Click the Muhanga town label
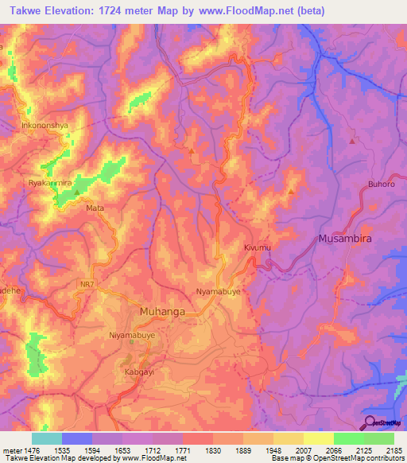[x=162, y=312]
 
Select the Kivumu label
[x=258, y=249]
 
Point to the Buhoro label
[x=381, y=185]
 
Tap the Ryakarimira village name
[x=50, y=182]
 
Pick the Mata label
[x=95, y=208]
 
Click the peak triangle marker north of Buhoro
[x=352, y=141]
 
